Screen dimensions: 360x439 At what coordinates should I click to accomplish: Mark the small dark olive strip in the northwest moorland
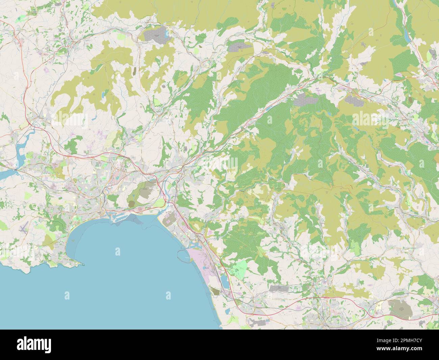tap(135, 71)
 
